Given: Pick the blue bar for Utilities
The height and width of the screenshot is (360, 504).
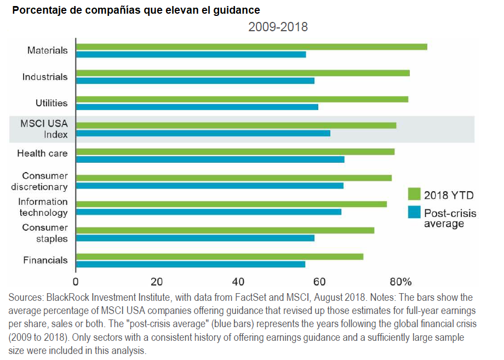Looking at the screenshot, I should [197, 107].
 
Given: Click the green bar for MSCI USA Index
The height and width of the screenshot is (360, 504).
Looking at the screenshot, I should [236, 125].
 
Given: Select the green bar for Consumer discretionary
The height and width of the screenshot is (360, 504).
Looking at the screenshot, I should [233, 178].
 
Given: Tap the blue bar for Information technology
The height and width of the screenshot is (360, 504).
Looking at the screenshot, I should [208, 212].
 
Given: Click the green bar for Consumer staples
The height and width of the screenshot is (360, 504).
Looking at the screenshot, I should [225, 230].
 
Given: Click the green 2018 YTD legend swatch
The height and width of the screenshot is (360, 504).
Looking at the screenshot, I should [414, 195].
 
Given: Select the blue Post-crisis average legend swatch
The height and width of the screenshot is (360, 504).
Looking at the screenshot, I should [414, 212].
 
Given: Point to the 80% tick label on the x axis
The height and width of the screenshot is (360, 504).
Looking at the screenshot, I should [400, 282].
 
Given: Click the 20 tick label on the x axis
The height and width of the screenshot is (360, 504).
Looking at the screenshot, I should [157, 282].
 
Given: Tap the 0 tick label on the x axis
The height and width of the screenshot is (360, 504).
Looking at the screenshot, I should [76, 282].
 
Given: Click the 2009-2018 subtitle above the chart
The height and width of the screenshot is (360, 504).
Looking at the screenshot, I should [278, 27].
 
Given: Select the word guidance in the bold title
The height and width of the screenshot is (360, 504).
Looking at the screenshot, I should [238, 10].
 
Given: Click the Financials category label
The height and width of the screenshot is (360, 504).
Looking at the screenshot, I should [45, 260].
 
